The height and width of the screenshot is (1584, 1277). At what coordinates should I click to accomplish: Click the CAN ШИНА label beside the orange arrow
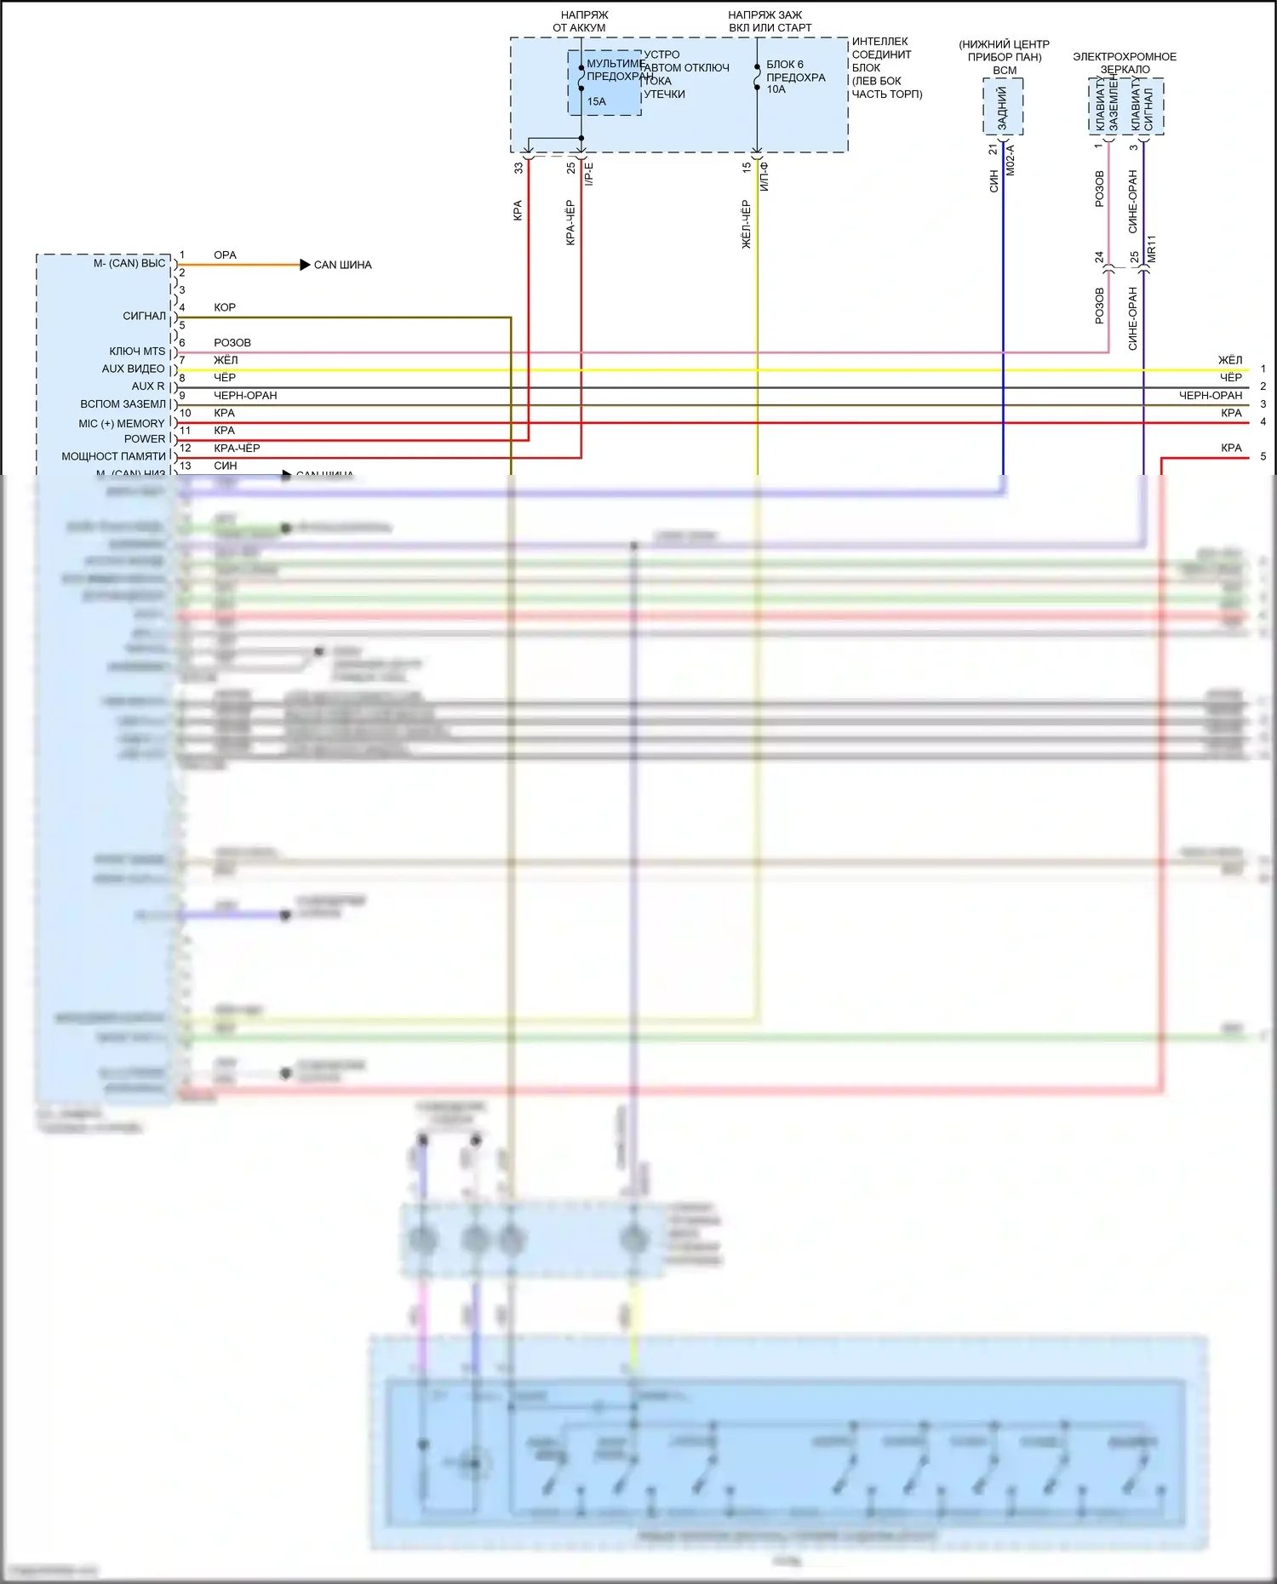point(342,265)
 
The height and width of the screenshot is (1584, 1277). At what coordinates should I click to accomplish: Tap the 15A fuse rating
point(596,101)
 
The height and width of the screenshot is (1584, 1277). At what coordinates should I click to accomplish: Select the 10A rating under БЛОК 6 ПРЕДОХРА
point(776,89)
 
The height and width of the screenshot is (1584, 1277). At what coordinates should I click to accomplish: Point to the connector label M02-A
point(1011,160)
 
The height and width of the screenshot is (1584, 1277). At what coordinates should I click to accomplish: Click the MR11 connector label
point(1151,249)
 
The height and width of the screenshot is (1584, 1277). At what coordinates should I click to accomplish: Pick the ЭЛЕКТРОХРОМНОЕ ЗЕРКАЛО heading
point(1125,63)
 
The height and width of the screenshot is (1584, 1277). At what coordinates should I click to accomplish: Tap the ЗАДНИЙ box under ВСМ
point(1003,107)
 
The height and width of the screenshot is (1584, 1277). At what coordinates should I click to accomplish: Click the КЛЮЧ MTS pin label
point(137,352)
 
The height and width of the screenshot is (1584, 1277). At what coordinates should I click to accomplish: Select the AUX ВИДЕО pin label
point(133,369)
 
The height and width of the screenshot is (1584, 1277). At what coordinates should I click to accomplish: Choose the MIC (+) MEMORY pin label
point(122,423)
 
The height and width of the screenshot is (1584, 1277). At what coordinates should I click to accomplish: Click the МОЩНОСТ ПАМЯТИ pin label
point(113,456)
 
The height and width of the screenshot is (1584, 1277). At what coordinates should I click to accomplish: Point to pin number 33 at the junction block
point(518,169)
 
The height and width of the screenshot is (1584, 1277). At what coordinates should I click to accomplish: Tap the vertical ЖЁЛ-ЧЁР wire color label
point(746,225)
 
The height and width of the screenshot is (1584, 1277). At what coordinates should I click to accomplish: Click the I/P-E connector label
point(589,174)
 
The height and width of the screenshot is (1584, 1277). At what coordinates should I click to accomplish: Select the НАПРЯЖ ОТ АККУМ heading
point(583,21)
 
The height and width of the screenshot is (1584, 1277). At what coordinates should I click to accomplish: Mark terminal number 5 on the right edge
point(1263,456)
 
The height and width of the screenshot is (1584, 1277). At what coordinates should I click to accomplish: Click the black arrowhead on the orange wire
point(305,265)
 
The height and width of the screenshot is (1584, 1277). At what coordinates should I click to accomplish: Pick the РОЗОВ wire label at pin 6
point(232,343)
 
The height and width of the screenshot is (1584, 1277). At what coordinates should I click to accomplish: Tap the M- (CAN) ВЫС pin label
point(129,263)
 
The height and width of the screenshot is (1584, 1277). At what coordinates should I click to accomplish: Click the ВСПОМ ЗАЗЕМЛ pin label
point(123,404)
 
